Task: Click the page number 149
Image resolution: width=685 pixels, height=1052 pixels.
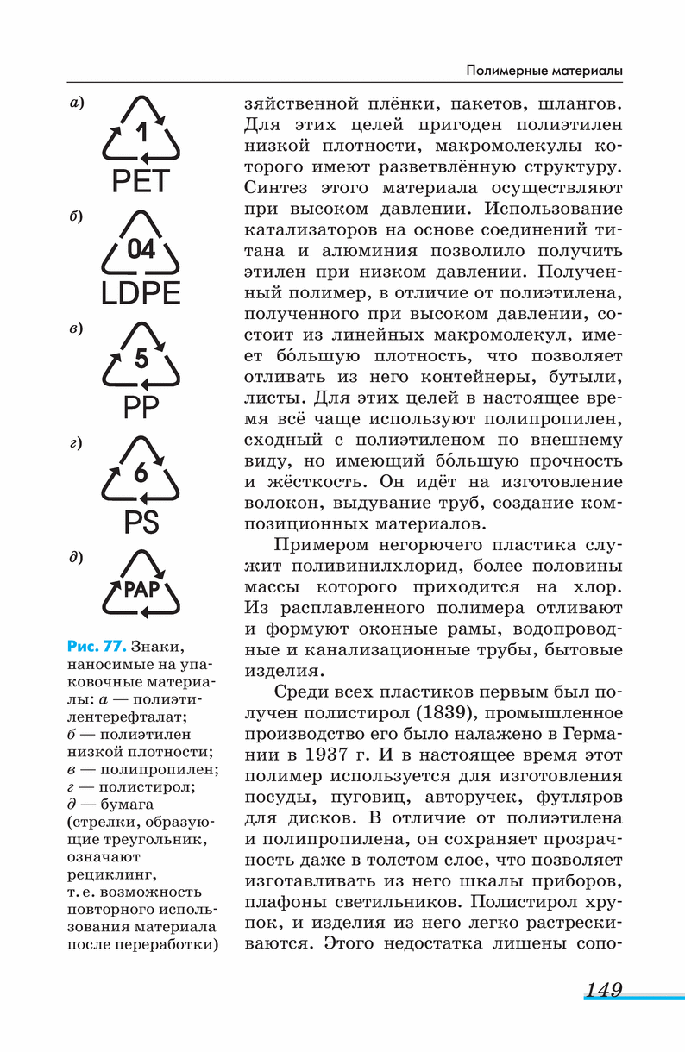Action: (x=603, y=989)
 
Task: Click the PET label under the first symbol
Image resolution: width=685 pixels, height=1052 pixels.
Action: (x=142, y=181)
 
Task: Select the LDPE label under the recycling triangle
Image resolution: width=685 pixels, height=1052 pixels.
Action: (x=141, y=293)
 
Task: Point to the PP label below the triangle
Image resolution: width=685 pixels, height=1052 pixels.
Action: (x=141, y=406)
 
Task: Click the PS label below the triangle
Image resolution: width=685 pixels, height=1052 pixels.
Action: (x=141, y=521)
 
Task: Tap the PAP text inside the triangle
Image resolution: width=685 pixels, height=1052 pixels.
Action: (x=142, y=591)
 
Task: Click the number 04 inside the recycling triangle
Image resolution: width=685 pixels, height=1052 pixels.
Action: (x=141, y=249)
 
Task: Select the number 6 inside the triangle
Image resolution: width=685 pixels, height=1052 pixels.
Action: (x=141, y=473)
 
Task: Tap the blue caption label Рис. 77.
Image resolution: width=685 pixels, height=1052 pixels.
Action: (x=96, y=646)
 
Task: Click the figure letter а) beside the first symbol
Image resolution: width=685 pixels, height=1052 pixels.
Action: (x=77, y=103)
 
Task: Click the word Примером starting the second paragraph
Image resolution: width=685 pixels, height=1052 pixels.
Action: (x=323, y=545)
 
